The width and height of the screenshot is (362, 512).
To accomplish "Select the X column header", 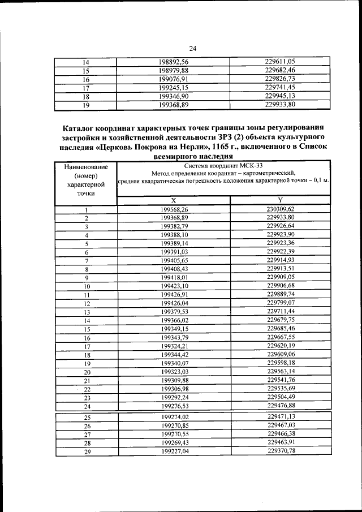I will tap(174, 201).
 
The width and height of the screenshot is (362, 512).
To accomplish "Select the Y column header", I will tap(281, 201).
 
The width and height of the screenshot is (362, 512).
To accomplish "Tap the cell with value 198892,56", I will tap(174, 62).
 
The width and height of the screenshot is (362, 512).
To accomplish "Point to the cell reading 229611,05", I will tap(281, 62).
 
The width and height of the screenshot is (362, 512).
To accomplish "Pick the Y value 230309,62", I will tap(281, 209).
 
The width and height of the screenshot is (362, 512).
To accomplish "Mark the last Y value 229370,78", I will tap(281, 450).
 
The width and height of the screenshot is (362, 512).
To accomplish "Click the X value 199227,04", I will tap(174, 451).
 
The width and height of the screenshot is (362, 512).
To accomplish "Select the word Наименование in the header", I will tap(85, 167).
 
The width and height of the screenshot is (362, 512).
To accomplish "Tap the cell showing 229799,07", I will tap(281, 303).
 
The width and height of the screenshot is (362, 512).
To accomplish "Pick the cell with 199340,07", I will tap(174, 363).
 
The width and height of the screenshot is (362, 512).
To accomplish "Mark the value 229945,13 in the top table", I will tap(281, 96).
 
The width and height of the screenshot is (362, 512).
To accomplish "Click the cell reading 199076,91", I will tap(174, 79).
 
